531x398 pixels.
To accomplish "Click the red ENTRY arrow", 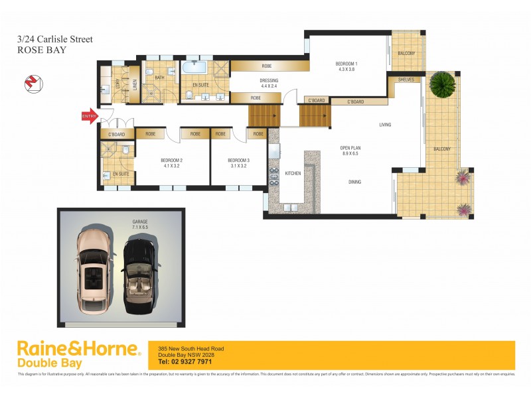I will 89,117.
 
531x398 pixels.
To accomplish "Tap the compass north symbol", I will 31,83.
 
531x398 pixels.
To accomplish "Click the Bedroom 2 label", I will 172,163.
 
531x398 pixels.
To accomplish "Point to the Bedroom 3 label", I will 238,163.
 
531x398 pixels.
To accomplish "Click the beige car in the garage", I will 96,273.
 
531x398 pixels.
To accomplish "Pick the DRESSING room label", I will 269,83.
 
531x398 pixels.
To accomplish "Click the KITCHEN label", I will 293,173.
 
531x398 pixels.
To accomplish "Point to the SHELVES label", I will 406,80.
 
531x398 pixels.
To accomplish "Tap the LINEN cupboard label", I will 134,84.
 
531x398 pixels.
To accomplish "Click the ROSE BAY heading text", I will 41,50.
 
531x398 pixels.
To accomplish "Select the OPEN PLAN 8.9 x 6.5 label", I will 349,150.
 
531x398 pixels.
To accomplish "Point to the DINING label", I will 355,182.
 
